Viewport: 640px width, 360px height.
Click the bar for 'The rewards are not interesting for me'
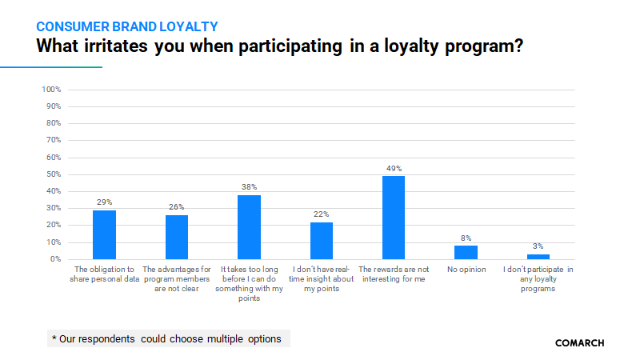[x=394, y=218]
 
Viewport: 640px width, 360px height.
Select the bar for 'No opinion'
[x=466, y=252]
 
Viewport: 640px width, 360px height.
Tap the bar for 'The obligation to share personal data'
[x=104, y=234]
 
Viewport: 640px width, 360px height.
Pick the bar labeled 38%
[x=249, y=227]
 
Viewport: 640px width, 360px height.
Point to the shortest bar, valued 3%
[x=538, y=257]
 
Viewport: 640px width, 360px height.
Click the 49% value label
[x=394, y=168]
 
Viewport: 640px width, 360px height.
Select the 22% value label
[x=322, y=214]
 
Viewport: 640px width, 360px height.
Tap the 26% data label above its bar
[x=177, y=207]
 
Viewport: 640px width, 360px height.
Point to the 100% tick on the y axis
[x=51, y=89]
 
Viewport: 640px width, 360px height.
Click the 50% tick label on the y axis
[x=54, y=174]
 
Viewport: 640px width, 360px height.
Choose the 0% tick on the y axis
[x=56, y=259]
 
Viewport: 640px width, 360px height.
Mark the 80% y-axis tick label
[x=54, y=123]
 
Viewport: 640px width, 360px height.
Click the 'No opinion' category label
[x=466, y=270]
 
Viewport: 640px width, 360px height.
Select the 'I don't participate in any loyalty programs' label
[x=538, y=279]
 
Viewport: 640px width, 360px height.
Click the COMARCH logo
[x=579, y=342]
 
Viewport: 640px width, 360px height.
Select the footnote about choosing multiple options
[x=166, y=338]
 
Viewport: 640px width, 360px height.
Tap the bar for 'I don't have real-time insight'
[x=322, y=241]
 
